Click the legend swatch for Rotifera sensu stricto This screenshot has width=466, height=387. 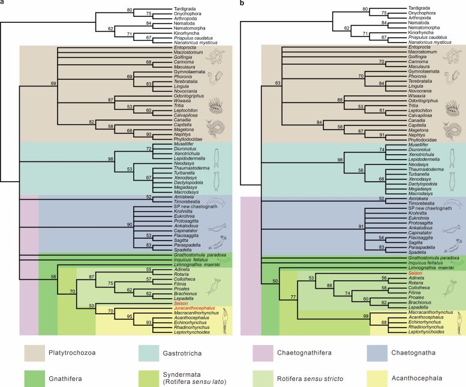pyautogui.click(x=265, y=376)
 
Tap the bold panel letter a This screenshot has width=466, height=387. pyautogui.click(x=3, y=4)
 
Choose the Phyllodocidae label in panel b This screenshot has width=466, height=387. pyautogui.click(x=418, y=140)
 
